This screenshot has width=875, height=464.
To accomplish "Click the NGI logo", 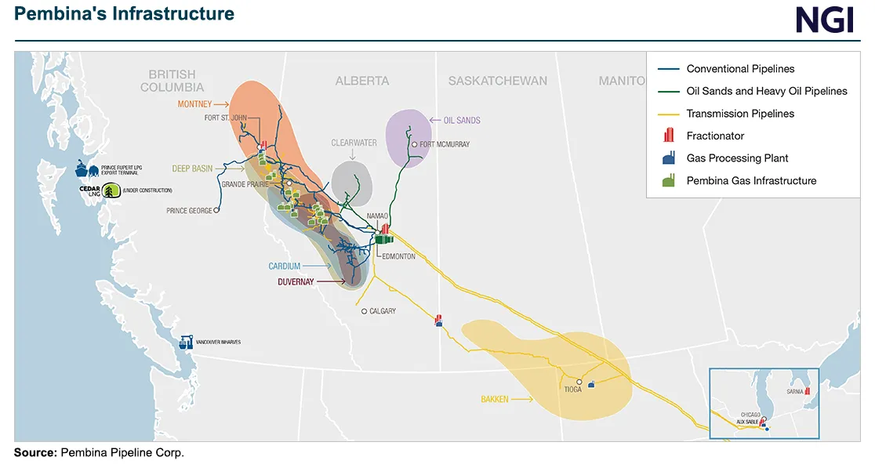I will click(824, 20).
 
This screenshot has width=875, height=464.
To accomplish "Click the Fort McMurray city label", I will click(445, 144).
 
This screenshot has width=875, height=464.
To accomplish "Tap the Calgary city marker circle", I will click(364, 311).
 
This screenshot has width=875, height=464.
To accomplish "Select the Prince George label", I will click(189, 211).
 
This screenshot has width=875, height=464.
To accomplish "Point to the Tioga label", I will click(572, 390).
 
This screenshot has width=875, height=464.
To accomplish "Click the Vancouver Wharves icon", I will click(186, 343).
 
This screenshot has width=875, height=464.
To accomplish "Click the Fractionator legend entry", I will click(715, 136).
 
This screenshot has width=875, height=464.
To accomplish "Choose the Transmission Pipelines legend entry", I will click(740, 114).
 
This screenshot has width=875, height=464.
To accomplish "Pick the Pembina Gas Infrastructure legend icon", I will click(669, 181).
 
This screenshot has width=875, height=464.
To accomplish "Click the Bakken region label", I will click(494, 400).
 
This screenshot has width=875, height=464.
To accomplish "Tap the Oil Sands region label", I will click(462, 120).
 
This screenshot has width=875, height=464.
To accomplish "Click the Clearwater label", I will click(354, 143).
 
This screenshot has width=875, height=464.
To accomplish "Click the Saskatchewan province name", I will click(497, 81).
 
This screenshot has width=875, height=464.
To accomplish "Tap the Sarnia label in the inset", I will click(793, 390).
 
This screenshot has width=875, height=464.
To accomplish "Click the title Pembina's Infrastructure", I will click(125, 14).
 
